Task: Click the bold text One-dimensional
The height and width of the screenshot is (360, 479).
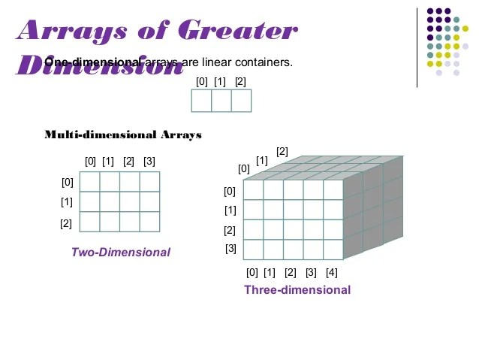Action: coord(92,62)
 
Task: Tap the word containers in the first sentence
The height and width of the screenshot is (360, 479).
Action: coord(264,62)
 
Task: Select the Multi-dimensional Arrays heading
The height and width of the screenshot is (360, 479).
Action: coord(123,135)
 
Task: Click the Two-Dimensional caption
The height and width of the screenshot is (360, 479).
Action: coord(121,253)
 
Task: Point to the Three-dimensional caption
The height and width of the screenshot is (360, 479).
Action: coord(297,290)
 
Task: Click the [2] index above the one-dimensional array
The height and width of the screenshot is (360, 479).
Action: coord(240,81)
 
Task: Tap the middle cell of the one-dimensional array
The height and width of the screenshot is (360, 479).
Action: coord(221,101)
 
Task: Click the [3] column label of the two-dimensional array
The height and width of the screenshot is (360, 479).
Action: coord(149,162)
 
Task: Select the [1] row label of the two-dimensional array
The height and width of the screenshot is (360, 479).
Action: coord(67,202)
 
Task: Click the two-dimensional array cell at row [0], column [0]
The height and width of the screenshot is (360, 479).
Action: coord(90,182)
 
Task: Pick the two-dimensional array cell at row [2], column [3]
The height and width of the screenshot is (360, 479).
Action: coord(149,222)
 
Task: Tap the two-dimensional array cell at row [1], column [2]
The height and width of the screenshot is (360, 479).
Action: coord(130,201)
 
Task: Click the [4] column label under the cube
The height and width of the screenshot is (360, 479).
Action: coord(332,272)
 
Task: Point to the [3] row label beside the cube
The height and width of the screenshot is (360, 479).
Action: coord(230,249)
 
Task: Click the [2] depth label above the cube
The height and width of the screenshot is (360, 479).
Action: coord(282,152)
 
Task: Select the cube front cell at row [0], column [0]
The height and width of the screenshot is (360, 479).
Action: coord(254,189)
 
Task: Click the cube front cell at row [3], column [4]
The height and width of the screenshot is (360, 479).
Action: coord(333,249)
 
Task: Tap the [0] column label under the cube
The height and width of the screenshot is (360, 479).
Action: coord(252,272)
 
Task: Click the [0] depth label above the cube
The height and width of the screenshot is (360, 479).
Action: coord(244,169)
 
